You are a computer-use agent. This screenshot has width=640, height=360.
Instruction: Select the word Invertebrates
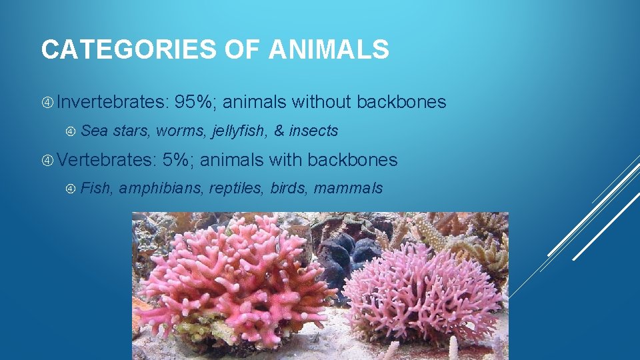113,102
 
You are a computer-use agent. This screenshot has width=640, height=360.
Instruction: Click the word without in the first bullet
321,102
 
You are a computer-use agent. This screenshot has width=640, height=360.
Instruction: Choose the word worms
181,131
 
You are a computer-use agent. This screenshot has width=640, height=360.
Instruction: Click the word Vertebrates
106,160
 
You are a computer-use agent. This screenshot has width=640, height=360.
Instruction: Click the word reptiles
237,189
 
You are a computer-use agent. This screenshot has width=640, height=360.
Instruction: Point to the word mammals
348,189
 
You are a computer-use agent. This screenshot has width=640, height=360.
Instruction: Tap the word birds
288,189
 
